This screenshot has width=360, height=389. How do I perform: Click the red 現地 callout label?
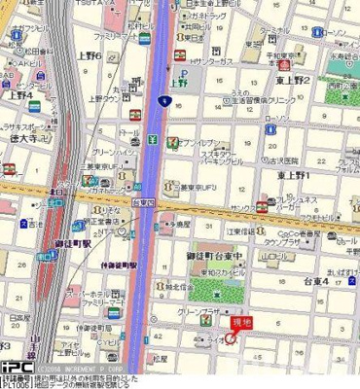coord(238,321)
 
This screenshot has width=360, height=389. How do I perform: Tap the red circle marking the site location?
coord(230,338)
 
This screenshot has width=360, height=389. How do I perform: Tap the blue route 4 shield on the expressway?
coord(159,99)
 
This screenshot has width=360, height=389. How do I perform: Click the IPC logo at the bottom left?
coord(15,368)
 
